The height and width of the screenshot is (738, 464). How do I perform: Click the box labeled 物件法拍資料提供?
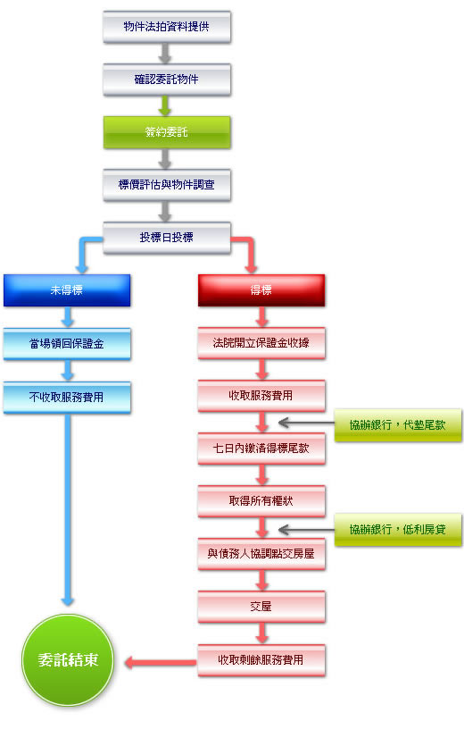click(x=167, y=27)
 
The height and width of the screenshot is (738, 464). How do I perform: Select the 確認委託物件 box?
click(x=167, y=80)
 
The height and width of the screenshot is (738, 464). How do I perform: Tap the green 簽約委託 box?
click(x=167, y=132)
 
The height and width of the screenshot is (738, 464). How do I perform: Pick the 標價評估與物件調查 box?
click(x=167, y=185)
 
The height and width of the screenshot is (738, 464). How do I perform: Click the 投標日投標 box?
click(x=167, y=238)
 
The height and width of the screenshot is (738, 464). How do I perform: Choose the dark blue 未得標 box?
click(x=67, y=290)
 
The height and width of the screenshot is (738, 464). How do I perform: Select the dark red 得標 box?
click(x=261, y=290)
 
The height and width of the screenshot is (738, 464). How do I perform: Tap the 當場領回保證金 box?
click(x=67, y=344)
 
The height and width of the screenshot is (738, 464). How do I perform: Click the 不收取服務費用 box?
click(x=67, y=398)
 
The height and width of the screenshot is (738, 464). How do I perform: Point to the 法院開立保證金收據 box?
click(x=261, y=343)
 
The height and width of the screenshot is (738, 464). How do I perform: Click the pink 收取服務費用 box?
click(x=261, y=396)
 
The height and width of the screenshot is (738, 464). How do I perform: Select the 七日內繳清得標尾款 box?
click(x=261, y=449)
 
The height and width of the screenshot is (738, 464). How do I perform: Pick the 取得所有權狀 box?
click(x=261, y=501)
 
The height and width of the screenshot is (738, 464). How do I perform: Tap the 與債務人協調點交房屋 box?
click(x=261, y=554)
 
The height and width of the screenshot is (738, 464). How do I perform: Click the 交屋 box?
click(x=261, y=607)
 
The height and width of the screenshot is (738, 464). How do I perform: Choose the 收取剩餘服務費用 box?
click(x=261, y=660)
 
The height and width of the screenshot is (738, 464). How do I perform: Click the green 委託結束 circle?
click(x=68, y=660)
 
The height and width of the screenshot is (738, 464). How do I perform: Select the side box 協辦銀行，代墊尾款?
click(x=398, y=425)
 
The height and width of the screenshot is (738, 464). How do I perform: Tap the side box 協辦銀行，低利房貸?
click(x=398, y=530)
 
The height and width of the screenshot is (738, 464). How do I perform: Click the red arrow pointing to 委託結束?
click(x=161, y=663)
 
